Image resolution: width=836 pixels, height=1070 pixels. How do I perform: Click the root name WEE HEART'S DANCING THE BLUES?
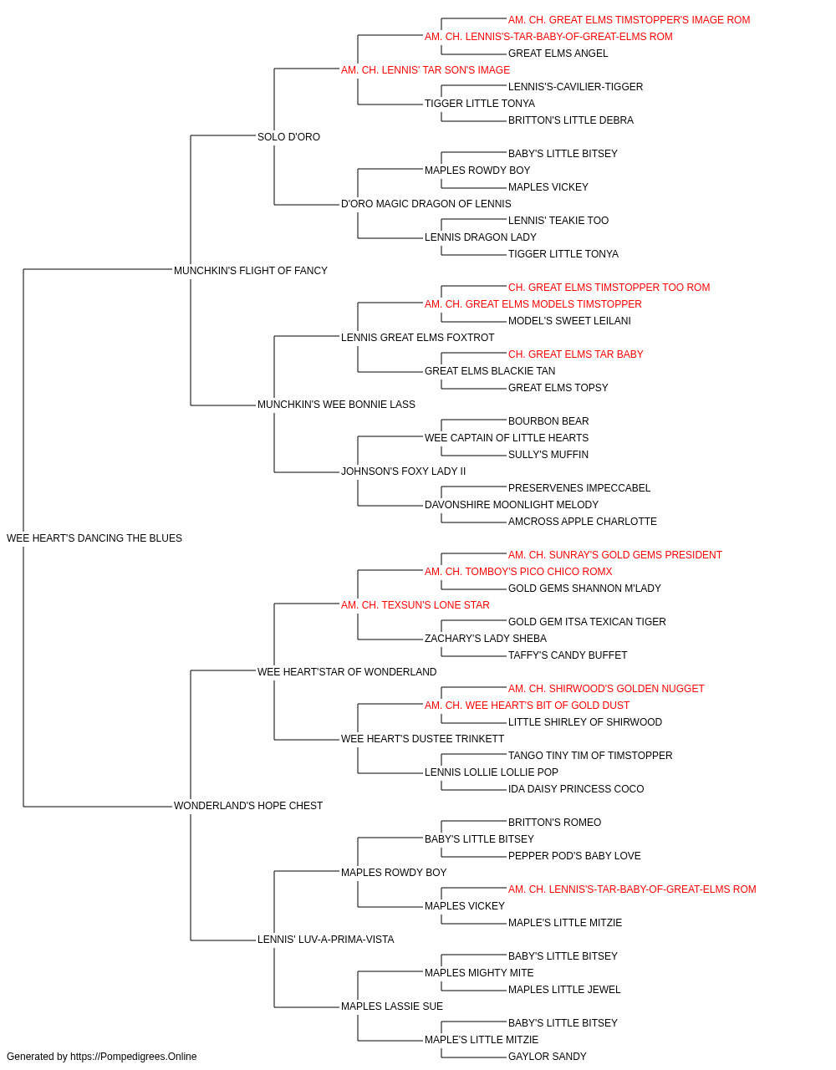94,538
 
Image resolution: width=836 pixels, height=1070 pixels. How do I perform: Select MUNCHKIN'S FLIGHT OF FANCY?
250,271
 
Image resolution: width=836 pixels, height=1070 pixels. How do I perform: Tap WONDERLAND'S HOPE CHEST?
248,806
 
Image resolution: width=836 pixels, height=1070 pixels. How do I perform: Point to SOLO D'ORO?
288,137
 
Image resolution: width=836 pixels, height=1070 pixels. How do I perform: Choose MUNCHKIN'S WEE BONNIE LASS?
336,405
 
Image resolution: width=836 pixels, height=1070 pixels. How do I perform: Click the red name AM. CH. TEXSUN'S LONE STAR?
415,605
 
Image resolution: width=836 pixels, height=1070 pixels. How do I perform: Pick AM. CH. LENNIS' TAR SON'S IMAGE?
426,70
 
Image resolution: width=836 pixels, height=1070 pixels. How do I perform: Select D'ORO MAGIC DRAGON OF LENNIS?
426,204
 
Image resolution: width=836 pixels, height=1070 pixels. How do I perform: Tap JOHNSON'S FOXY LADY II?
403,471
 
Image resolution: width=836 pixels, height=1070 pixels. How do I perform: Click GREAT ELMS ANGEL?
558,53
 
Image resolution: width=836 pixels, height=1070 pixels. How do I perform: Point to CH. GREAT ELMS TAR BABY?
575,354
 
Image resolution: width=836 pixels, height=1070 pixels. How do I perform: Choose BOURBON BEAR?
548,421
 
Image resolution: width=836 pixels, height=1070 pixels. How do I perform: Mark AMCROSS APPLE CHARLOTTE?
583,522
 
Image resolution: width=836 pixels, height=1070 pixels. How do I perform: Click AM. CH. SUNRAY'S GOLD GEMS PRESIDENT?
615,555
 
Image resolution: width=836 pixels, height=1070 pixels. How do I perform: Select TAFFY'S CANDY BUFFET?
568,655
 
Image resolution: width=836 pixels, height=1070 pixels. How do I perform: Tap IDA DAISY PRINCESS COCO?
576,789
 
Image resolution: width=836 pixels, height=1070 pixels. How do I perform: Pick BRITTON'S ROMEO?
554,823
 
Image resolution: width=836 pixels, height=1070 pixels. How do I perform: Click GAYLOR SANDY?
547,1057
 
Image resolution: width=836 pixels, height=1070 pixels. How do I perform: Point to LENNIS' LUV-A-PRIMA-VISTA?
325,940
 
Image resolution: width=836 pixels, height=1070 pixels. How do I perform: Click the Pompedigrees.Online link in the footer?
133,1057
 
